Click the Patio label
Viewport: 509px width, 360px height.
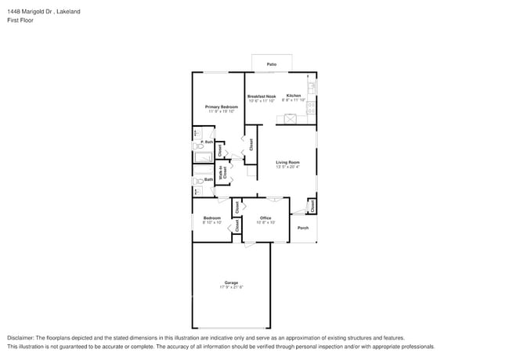coord(271,64)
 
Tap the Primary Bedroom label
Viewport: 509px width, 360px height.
coord(222,106)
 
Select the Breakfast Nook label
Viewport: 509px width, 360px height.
coord(262,96)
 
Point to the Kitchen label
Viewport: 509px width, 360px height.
coord(293,96)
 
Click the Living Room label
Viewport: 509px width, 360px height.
coord(286,162)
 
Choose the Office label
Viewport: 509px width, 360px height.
coord(265,218)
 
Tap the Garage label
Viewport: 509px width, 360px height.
coord(231,283)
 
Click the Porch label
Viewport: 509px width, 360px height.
coord(303,228)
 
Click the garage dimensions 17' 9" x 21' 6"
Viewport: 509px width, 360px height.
coord(231,288)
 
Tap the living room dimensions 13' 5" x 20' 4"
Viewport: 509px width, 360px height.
coord(286,167)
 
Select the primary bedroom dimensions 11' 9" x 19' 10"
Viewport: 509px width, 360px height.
coord(222,112)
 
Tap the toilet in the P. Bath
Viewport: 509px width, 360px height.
coord(198,146)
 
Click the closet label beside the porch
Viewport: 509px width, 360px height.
coord(312,206)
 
